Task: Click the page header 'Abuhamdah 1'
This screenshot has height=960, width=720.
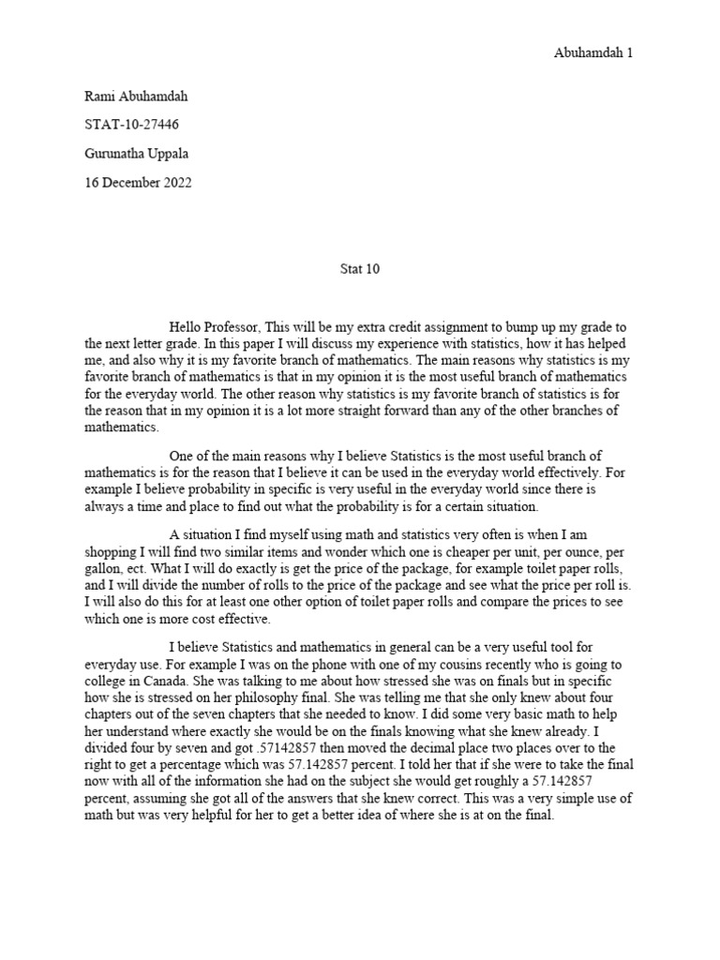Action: (592, 53)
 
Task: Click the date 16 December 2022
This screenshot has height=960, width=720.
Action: (137, 183)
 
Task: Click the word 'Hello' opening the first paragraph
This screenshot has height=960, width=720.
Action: (187, 327)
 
